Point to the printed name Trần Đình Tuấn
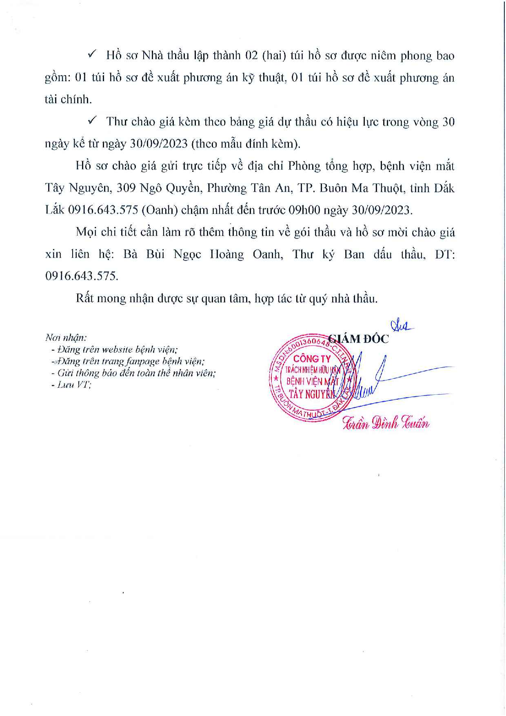point(386,422)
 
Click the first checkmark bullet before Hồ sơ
point(91,54)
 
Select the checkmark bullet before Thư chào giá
point(91,121)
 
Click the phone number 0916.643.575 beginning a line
point(81,276)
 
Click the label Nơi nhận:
point(66,338)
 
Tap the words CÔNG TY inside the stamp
point(312,359)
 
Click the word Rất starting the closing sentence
point(85,298)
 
